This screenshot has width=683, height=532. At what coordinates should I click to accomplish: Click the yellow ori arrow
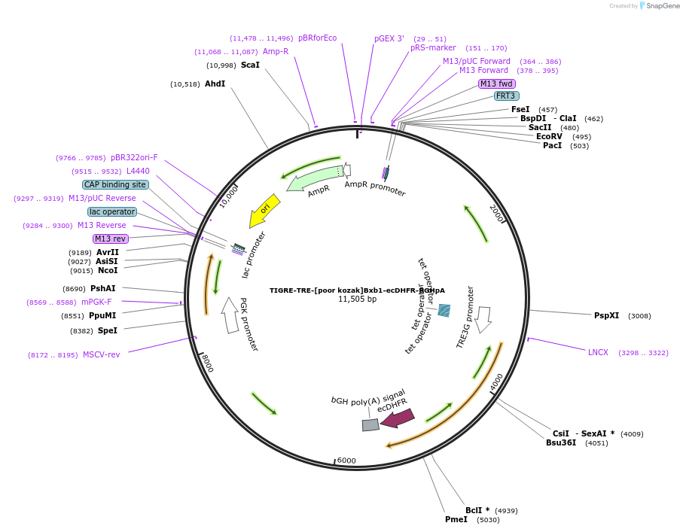pos(265,210)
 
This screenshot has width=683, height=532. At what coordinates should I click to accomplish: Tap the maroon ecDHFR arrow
pos(398,418)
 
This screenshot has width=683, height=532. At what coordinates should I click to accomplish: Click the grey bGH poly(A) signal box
pos(370,425)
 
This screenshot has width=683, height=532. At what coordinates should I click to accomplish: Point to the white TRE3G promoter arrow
pos(483,319)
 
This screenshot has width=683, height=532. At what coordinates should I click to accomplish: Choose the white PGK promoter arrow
pos(230,315)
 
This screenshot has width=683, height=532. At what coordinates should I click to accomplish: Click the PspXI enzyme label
pos(606,315)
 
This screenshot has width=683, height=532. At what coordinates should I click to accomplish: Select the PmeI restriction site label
pos(456,519)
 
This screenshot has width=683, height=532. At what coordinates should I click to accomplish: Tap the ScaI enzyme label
pos(250,65)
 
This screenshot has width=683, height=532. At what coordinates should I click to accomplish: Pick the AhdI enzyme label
pos(215,84)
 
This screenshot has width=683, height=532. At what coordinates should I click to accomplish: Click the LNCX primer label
pos(598,352)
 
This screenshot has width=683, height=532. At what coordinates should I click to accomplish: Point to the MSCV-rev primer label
pos(101,354)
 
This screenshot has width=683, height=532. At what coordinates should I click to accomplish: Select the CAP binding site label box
pos(115,184)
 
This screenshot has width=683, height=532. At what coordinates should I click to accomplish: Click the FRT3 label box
pos(505,96)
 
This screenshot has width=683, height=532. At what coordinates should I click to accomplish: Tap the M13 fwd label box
pos(497,84)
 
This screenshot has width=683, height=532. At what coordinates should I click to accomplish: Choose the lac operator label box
pos(112,211)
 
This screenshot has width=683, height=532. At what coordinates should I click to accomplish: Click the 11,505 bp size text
pos(357,299)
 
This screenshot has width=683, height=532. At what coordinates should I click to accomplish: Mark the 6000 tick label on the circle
pos(346,461)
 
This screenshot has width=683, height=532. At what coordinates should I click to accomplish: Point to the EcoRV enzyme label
pos(549,136)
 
